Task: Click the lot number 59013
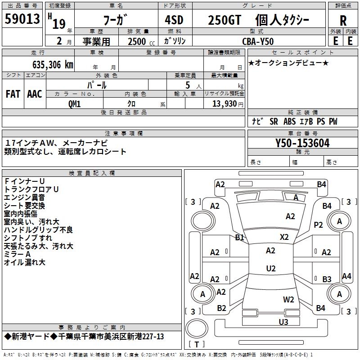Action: point(22,19)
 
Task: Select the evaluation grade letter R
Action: point(343,20)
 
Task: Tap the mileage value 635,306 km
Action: point(53,64)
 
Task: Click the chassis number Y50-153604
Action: point(302,143)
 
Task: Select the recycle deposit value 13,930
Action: point(224,103)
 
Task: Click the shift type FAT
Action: point(13,94)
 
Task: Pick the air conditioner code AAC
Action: point(34,94)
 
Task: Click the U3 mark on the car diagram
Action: point(283,322)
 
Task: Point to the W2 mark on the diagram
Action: point(288,299)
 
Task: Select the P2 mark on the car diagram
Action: point(319,225)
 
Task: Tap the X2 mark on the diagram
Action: point(284,237)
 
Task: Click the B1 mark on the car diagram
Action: point(239,237)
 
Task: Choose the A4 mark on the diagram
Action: point(346,276)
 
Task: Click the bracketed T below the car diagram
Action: point(196,344)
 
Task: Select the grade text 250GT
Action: point(224,20)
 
